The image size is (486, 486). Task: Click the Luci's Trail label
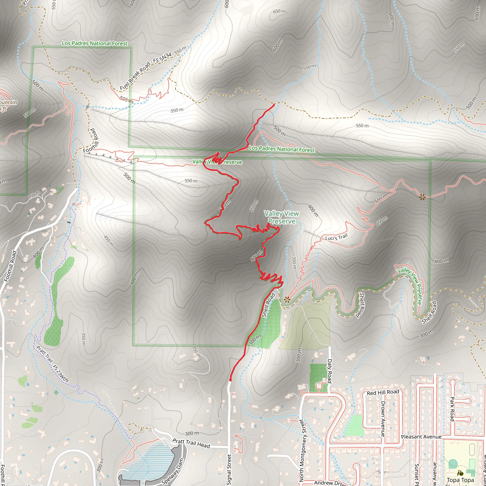click(x=336, y=237)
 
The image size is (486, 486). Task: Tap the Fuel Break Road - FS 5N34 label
click(x=145, y=72)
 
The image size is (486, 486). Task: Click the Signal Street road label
click(x=229, y=469)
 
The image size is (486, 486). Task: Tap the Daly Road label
click(x=330, y=371)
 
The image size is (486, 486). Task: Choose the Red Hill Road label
click(x=383, y=393)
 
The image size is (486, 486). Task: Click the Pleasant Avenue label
click(x=421, y=437)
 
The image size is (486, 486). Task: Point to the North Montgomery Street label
click(x=301, y=450)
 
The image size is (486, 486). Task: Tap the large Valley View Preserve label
click(x=281, y=217)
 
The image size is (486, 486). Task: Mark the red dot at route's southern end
click(x=230, y=380)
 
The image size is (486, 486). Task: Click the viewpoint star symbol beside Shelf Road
click(x=287, y=299)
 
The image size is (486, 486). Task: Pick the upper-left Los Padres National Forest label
click(x=95, y=43)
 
